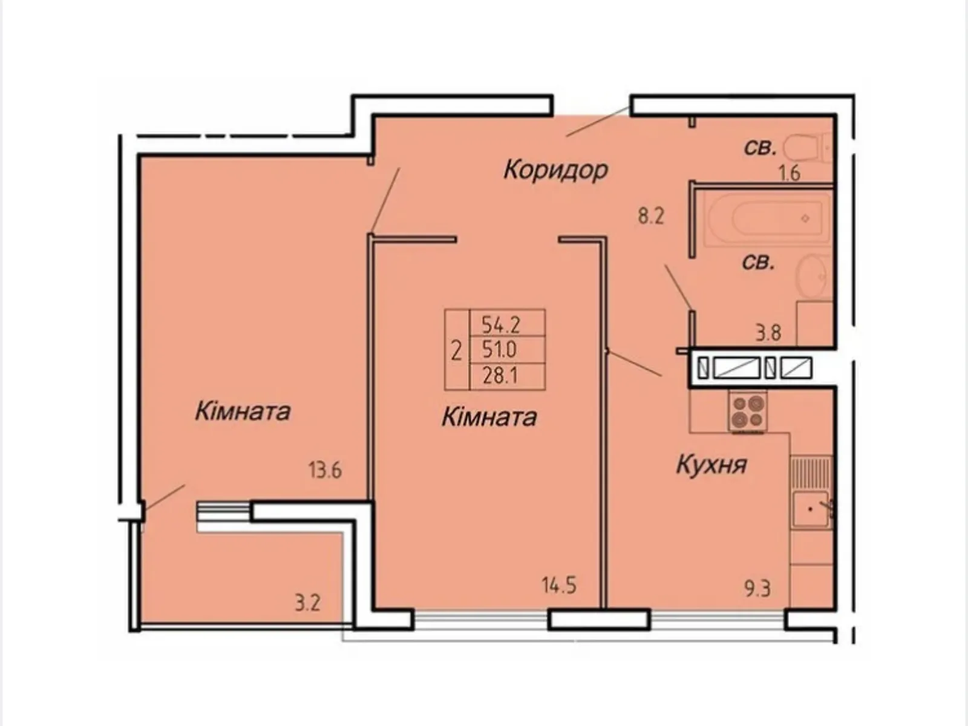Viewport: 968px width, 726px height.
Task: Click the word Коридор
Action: pos(555,170)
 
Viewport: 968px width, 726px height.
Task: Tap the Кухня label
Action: pos(711,465)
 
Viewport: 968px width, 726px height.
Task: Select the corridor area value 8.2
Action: pos(651,217)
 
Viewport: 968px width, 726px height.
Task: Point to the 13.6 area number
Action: pos(325,471)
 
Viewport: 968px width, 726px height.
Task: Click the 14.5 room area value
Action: pos(559,586)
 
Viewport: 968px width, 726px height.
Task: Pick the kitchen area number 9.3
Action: pos(757,589)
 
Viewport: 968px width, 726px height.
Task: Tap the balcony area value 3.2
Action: pos(307,603)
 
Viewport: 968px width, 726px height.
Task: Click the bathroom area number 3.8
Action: pos(769,333)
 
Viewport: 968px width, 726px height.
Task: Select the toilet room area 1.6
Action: pos(790,173)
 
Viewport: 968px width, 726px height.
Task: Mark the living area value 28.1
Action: pos(500,376)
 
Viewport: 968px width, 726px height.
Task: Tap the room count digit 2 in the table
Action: pos(456,352)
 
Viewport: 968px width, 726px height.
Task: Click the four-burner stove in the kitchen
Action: pos(748,413)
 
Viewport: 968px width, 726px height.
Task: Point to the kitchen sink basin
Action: pos(811,509)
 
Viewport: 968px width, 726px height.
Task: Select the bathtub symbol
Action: pos(767,218)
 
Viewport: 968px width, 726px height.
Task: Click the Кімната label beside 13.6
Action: pos(243,412)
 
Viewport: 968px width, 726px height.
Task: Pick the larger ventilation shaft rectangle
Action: pos(736,368)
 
